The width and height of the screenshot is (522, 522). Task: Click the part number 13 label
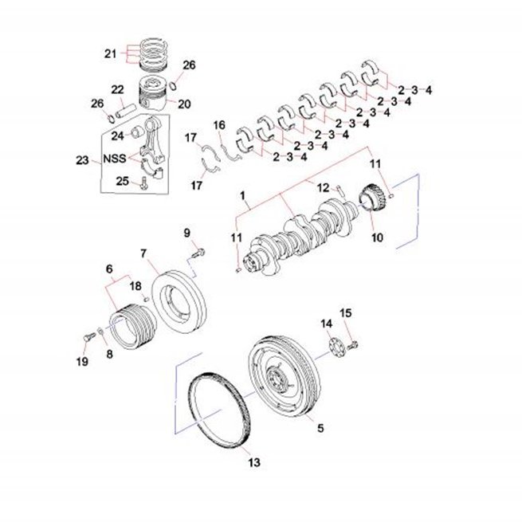[254, 462]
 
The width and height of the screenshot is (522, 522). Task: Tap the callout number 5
[320, 428]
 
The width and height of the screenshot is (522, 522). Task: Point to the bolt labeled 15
[352, 345]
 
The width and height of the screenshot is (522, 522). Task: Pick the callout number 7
[143, 253]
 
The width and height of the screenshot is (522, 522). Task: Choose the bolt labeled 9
[198, 253]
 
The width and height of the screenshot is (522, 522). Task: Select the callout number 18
[135, 286]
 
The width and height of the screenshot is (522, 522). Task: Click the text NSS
[115, 159]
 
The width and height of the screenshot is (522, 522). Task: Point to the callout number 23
[83, 160]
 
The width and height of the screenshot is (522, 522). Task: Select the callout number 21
[111, 53]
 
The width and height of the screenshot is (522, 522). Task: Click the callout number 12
[323, 188]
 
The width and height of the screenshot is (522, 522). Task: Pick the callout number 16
[219, 125]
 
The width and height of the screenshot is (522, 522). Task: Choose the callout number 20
[184, 104]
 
